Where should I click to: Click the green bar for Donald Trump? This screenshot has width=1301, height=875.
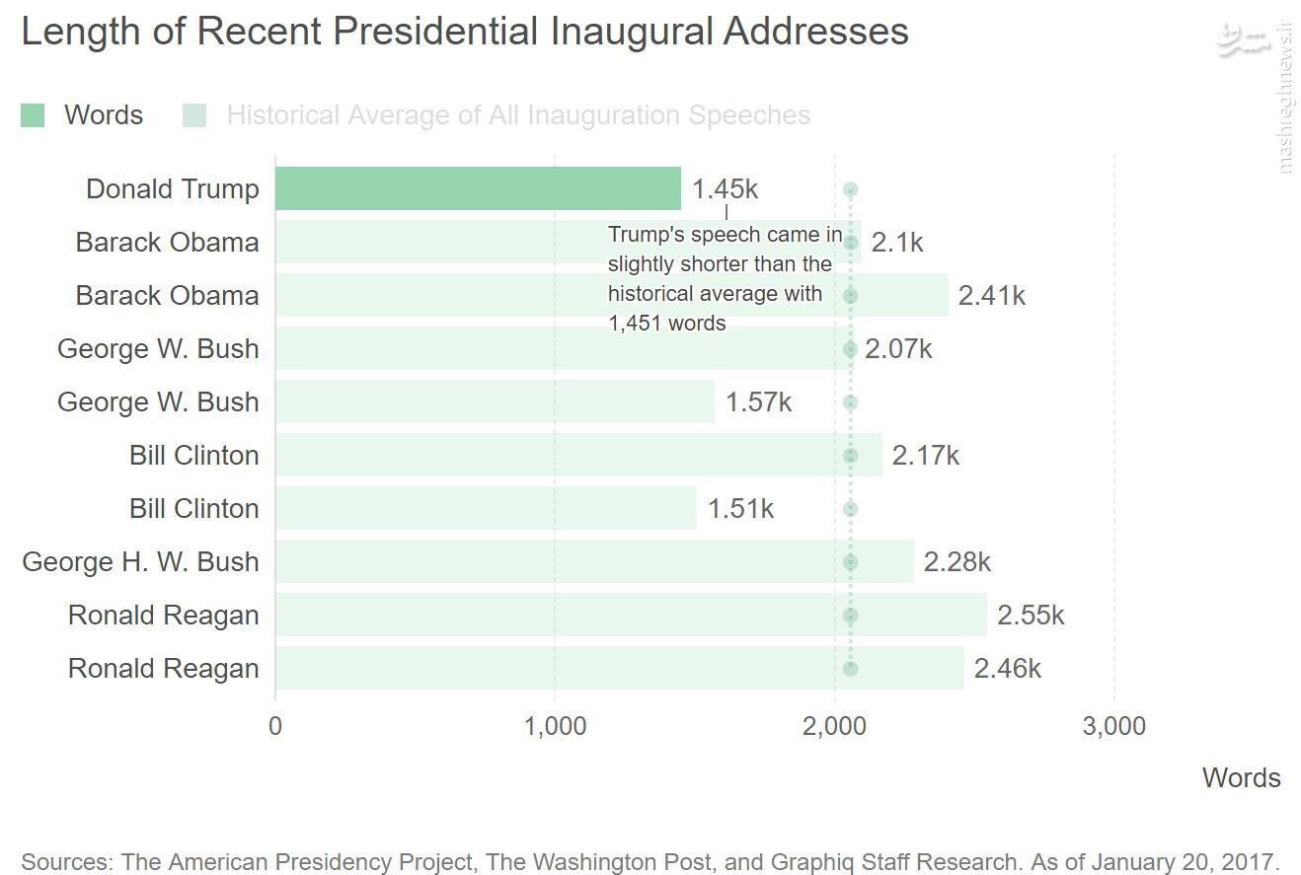[478, 188]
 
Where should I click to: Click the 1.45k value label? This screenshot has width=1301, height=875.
[725, 189]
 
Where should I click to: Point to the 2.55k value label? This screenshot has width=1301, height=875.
[1031, 616]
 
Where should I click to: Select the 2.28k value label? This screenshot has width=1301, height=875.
[957, 562]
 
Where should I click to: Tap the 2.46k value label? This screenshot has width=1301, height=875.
[1007, 669]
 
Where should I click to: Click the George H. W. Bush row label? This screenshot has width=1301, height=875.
[140, 562]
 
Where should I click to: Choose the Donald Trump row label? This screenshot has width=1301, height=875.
[173, 189]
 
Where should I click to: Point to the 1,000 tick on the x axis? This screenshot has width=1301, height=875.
[555, 727]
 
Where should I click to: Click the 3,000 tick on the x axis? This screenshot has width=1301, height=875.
[1114, 727]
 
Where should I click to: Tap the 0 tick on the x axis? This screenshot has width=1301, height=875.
[275, 727]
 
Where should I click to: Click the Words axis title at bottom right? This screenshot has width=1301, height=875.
[1241, 778]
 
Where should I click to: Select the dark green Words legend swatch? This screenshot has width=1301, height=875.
[33, 115]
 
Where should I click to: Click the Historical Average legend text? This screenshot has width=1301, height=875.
[518, 115]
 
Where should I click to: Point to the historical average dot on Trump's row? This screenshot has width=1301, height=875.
[850, 189]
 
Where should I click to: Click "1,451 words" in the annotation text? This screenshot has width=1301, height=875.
[666, 323]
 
